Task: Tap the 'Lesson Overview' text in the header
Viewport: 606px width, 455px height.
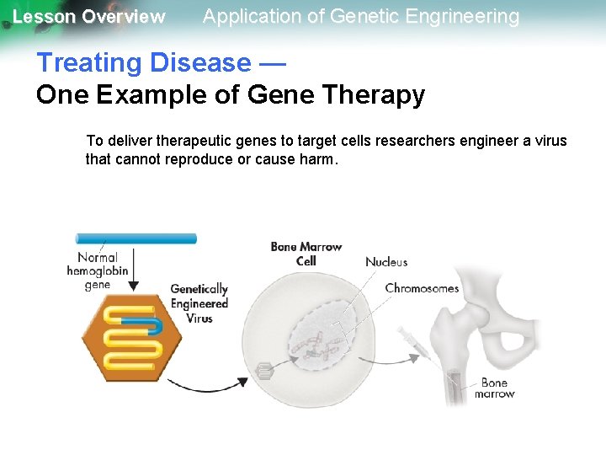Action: click(88, 17)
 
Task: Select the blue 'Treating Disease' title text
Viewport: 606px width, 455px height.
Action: click(143, 62)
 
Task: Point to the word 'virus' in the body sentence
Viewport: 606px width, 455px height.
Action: click(550, 140)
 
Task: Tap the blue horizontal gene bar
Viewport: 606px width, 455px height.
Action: click(136, 238)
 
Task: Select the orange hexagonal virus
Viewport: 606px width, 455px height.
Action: click(131, 335)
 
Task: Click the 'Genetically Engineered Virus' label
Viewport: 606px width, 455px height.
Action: click(199, 303)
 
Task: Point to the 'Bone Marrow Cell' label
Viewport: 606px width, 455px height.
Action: click(306, 254)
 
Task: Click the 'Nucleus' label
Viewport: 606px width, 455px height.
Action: click(386, 262)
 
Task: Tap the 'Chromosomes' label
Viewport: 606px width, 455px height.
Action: click(422, 288)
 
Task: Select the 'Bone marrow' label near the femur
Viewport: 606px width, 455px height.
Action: click(494, 388)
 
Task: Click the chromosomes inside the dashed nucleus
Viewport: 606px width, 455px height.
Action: click(324, 339)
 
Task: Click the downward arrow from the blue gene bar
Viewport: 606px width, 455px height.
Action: click(136, 270)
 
